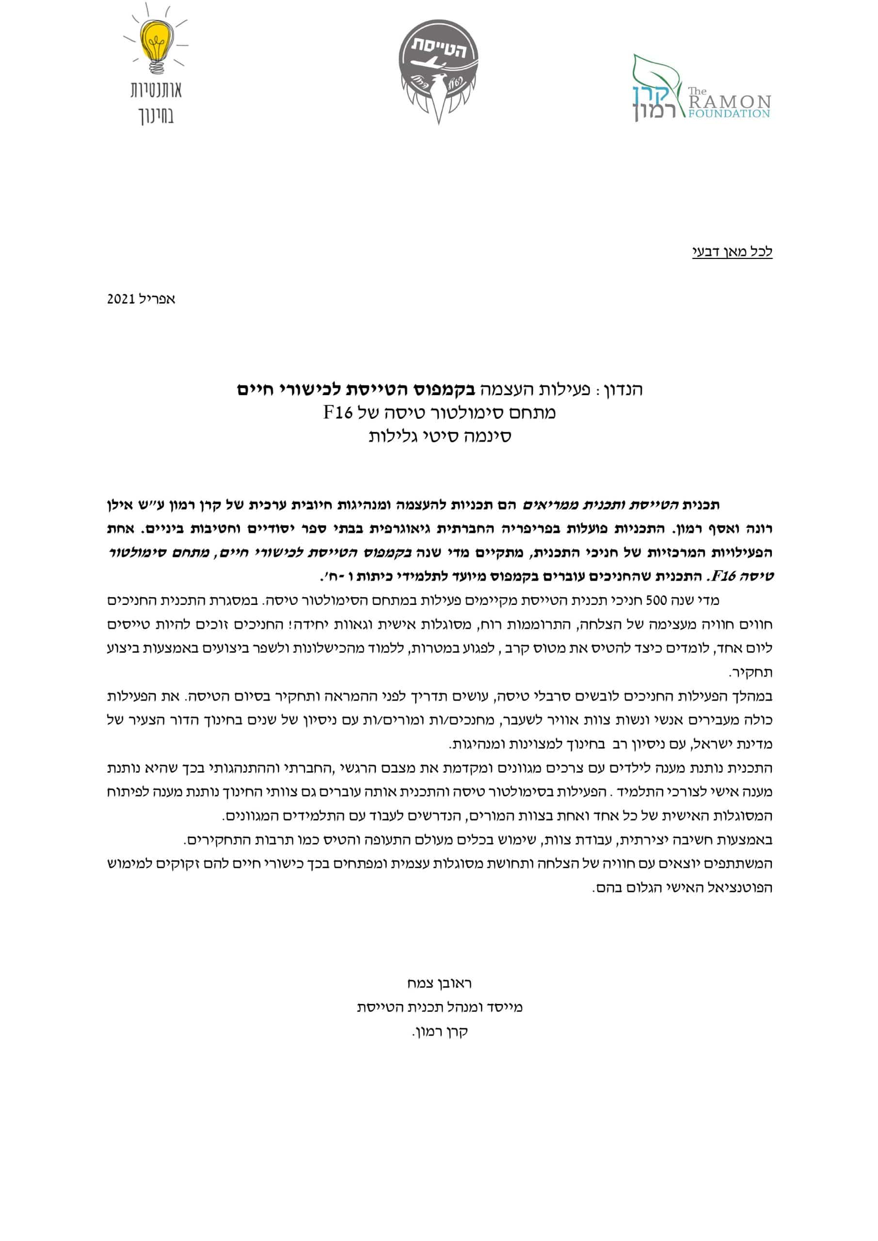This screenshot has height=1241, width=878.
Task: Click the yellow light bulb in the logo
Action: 156,42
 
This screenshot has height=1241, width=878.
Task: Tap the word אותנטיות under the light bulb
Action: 156,90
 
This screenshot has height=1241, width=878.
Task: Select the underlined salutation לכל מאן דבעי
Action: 732,252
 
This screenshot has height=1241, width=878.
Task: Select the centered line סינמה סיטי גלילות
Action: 440,436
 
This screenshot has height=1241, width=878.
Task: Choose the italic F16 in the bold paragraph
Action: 724,577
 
